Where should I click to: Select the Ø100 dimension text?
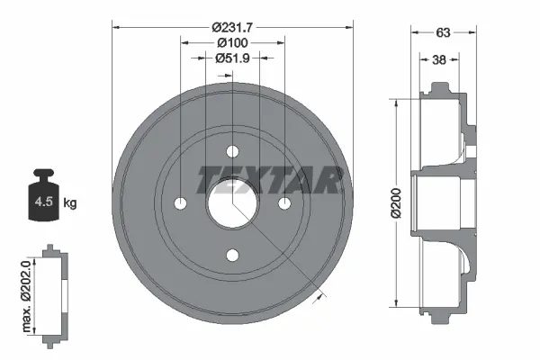pos(232,41)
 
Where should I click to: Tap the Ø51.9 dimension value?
pos(232,58)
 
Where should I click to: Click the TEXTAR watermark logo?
pos(269,180)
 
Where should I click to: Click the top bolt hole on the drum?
pos(232,151)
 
